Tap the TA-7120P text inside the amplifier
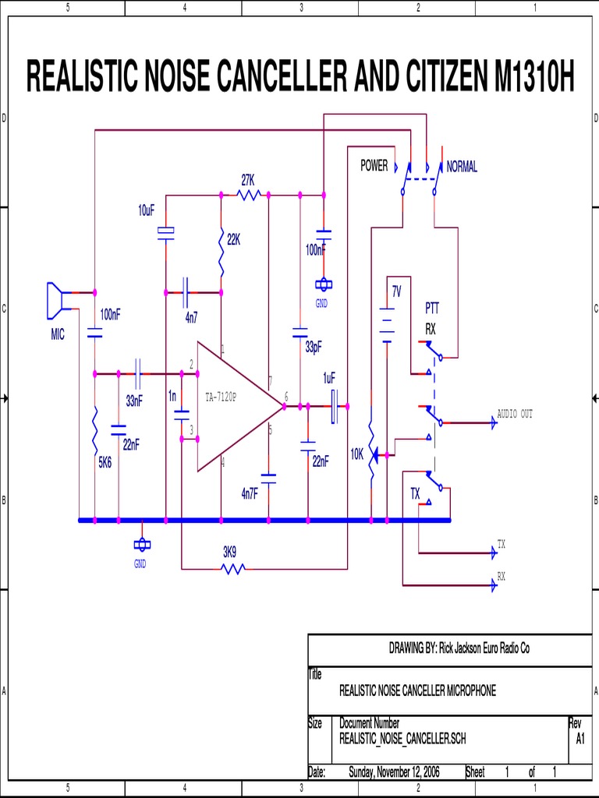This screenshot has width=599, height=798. (221, 397)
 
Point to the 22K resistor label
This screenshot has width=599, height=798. (233, 241)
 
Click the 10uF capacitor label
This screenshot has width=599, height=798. (147, 211)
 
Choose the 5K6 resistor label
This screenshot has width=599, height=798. (105, 462)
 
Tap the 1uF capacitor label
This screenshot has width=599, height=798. (329, 378)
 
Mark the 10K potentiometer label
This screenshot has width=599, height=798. (357, 454)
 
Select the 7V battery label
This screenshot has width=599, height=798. (396, 291)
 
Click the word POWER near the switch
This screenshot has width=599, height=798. (374, 166)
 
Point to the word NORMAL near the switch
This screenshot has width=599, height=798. (462, 167)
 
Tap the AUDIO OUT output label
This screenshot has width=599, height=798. (515, 414)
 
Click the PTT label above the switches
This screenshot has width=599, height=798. (432, 308)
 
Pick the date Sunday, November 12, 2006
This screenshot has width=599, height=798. (394, 772)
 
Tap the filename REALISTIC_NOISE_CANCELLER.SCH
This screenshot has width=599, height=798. (402, 739)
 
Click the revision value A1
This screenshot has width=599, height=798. (580, 739)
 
